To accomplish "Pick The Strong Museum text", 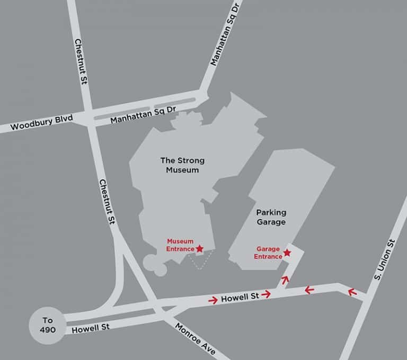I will pos(182,165).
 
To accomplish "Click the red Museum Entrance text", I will pos(180,245).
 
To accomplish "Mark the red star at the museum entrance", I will pos(199,248).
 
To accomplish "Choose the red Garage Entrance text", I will pos(268,252).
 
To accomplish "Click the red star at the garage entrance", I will pos(287,253).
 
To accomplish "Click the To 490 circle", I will pos(48,325).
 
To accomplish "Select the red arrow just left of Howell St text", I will pos(213,300).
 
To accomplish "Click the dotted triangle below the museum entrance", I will pos(200,260).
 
